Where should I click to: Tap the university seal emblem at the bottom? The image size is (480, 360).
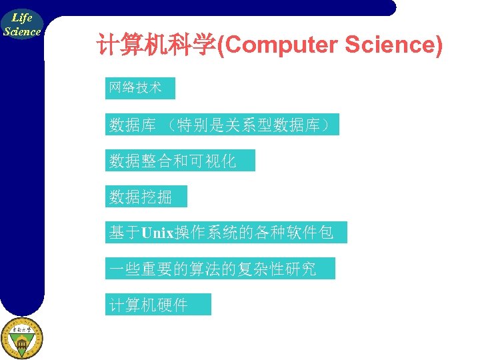(21, 338)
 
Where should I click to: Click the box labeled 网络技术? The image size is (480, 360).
(139, 88)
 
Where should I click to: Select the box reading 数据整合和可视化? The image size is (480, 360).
(179, 161)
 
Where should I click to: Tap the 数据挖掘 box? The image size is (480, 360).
(146, 197)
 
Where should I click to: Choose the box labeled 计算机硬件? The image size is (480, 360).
(157, 305)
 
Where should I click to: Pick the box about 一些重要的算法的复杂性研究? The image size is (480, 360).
(219, 269)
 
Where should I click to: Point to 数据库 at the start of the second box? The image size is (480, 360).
(133, 125)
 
